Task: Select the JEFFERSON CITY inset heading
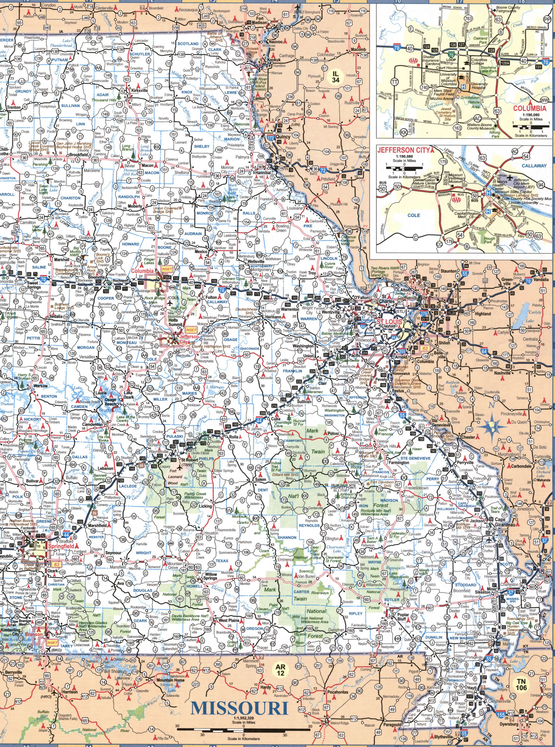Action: pos(403,150)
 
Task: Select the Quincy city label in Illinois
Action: pos(283,137)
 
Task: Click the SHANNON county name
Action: pos(287,538)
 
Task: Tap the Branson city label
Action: pos(34,634)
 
